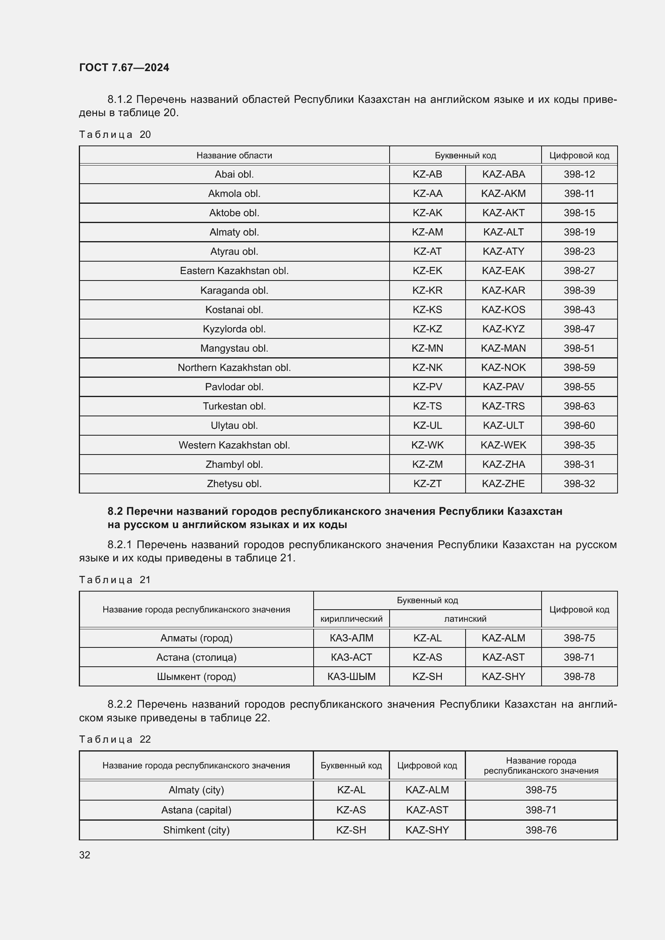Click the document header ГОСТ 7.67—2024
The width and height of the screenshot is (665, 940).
tap(124, 68)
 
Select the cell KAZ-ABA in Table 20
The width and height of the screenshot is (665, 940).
tap(503, 174)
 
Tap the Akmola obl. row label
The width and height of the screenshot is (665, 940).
tap(234, 194)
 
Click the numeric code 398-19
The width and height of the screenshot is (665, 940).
tap(579, 232)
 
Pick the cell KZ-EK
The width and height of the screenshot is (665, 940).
tap(427, 270)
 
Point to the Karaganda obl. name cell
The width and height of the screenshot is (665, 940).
tap(234, 290)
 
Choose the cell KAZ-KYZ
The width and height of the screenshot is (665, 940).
tap(503, 329)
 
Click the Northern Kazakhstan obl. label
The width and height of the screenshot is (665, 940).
tap(234, 368)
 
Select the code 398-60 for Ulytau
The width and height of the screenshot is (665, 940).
tap(579, 425)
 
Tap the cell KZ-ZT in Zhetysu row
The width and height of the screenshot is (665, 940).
tap(427, 483)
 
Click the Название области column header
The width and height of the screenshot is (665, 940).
tap(234, 156)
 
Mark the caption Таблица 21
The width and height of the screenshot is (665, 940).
tap(115, 580)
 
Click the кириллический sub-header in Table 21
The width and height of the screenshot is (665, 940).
tap(351, 618)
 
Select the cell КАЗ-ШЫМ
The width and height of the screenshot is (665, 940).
tap(351, 676)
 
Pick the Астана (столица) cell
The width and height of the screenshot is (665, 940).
tap(196, 657)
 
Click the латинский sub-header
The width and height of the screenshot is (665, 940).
tap(465, 618)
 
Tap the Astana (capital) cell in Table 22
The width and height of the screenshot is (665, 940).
tap(196, 810)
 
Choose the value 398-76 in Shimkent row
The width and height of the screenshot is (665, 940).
tap(541, 830)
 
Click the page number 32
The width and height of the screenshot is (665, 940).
tap(85, 855)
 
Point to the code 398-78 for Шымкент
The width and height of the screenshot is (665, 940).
tap(579, 676)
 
